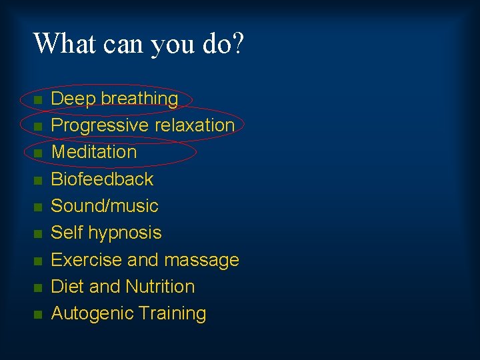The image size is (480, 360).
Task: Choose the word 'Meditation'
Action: pyautogui.click(x=94, y=152)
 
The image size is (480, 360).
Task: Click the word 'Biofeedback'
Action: pyautogui.click(x=102, y=179)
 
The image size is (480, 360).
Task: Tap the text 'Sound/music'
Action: pyautogui.click(x=105, y=205)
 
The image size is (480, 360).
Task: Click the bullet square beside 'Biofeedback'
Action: pyautogui.click(x=39, y=180)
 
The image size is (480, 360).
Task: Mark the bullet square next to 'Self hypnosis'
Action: pyautogui.click(x=39, y=234)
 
